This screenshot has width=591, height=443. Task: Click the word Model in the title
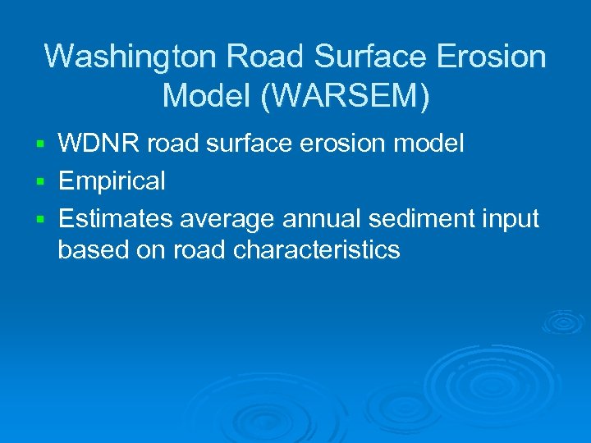[208, 95]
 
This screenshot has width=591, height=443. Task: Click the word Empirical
[112, 180]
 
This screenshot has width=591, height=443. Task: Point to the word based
[93, 249]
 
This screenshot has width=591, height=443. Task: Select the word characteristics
[317, 249]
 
